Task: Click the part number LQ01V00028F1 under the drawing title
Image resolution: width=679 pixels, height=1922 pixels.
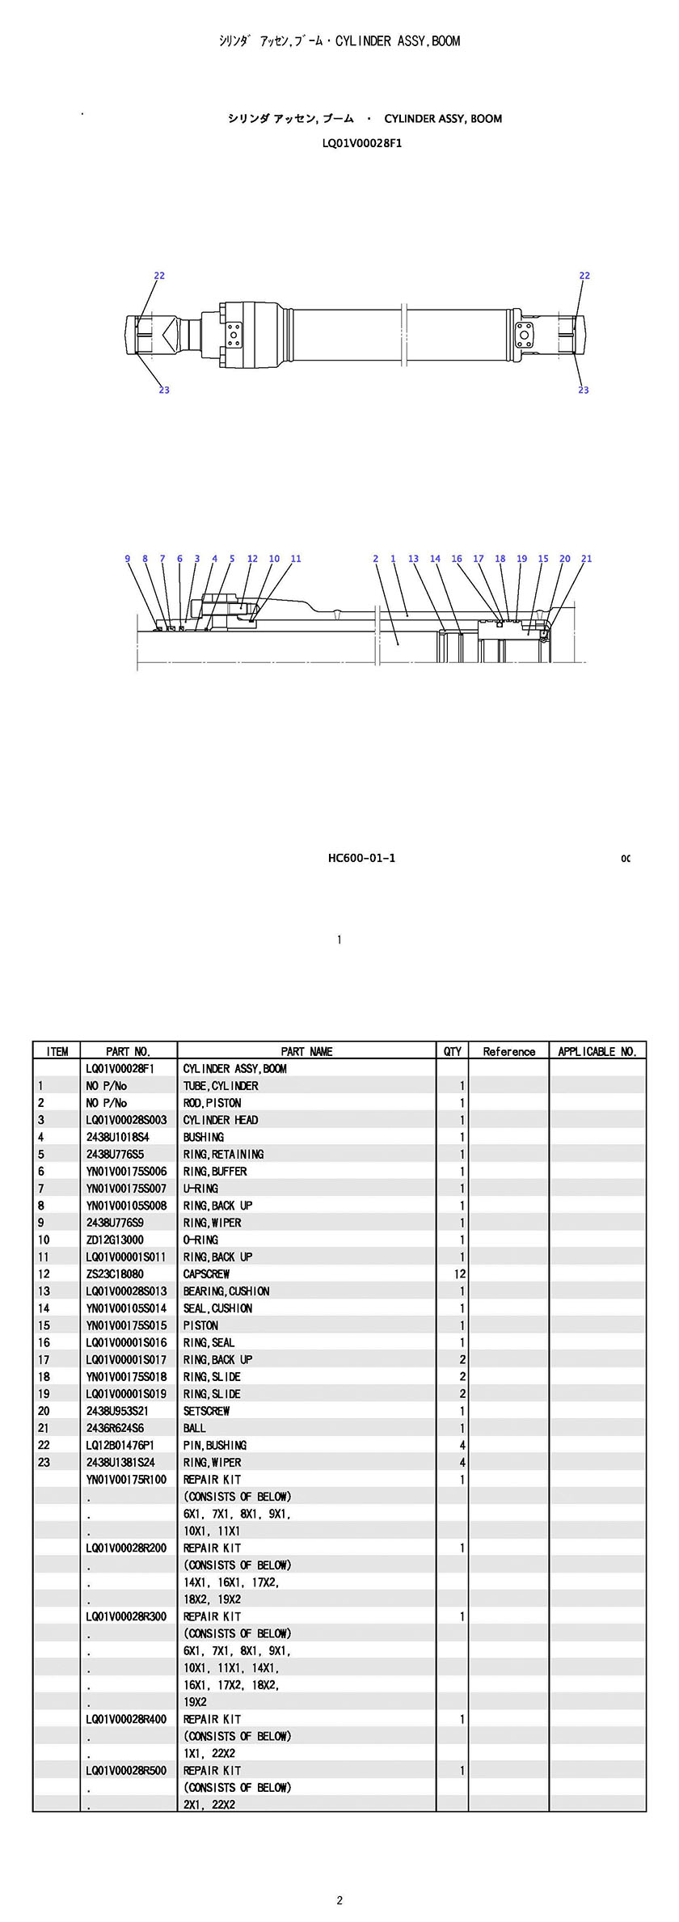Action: coord(361,143)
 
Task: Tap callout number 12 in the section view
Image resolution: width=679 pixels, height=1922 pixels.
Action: coord(252,559)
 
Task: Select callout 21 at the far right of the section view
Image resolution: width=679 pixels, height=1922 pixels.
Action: coord(586,559)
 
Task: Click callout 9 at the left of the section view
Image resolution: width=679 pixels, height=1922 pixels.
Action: coord(128,559)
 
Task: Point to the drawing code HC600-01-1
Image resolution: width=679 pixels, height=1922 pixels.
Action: coord(361,858)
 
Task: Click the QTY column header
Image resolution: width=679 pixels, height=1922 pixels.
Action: coord(453,1051)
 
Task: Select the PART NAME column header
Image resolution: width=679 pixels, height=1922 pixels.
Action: coord(306,1051)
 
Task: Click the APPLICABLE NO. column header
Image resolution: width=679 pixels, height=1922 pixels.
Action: coord(597,1051)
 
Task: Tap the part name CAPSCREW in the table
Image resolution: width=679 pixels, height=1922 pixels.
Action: coord(206,1274)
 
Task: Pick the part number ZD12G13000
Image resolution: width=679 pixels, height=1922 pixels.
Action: coord(115,1240)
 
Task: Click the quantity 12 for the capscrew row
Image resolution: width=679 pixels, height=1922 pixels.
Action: coord(460,1274)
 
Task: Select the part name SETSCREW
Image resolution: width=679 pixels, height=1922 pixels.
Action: coord(206,1411)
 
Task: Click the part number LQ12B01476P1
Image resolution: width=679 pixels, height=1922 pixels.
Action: coord(120,1445)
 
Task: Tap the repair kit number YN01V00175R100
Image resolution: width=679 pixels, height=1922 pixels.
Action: coord(126,1480)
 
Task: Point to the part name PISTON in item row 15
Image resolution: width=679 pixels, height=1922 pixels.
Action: coord(200,1325)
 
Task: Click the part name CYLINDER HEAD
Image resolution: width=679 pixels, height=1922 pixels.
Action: coord(221,1120)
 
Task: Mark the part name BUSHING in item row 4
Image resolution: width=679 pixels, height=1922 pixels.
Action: coord(204,1137)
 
